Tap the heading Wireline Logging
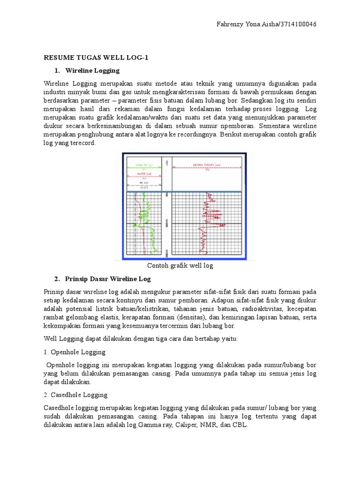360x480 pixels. tap(92, 70)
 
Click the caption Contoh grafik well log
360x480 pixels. tap(180, 266)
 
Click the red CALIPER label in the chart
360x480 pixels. tap(142, 174)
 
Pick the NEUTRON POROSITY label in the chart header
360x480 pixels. tap(206, 165)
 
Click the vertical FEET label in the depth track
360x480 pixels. tap(167, 163)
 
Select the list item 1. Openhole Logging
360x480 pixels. tap(75, 352)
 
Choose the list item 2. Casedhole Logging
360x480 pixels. tap(75, 395)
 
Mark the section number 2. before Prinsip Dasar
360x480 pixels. tap(57, 279)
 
